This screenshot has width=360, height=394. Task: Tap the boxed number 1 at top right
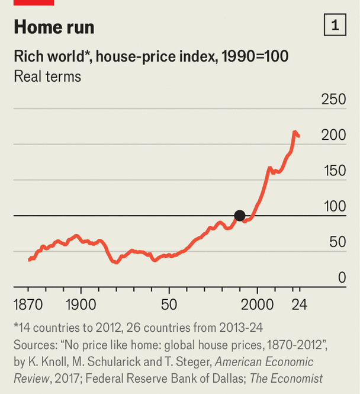click(335, 25)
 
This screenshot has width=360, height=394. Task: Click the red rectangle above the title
click(34, 2)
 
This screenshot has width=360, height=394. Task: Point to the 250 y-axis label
click(333, 100)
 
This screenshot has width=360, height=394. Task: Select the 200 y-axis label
click(333, 135)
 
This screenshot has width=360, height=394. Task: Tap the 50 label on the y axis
click(337, 242)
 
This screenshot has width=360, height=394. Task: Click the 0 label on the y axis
click(342, 277)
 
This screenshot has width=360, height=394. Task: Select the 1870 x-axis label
click(28, 305)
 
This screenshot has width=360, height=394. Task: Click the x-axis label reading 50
click(169, 305)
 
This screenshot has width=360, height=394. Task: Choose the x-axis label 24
click(299, 305)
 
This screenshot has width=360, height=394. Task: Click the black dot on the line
click(239, 216)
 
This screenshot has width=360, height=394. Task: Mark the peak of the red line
click(295, 132)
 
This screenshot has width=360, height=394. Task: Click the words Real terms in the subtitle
click(47, 76)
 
